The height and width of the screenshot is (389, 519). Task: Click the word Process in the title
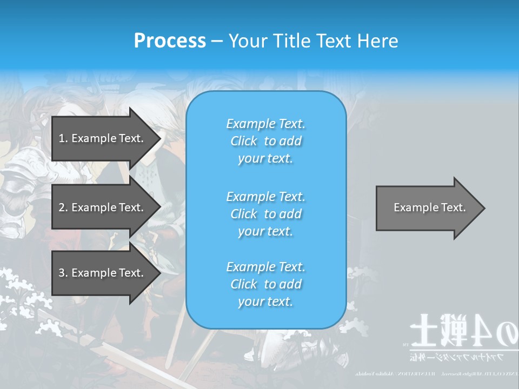(x=170, y=41)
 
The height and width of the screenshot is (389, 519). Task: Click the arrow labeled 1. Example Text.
(x=103, y=138)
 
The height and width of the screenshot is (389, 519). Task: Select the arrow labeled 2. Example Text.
(x=103, y=207)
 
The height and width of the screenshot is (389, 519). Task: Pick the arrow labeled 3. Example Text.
(x=103, y=273)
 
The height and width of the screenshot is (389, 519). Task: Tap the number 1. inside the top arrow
(x=63, y=138)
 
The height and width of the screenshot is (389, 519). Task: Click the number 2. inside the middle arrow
(x=63, y=207)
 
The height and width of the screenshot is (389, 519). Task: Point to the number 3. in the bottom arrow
(x=63, y=273)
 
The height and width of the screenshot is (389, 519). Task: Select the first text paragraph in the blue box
(x=265, y=141)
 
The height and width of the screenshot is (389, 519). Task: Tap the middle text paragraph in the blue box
(x=265, y=213)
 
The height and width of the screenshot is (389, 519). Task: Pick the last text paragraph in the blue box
(x=265, y=284)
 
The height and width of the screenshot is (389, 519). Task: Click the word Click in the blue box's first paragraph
(x=244, y=141)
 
